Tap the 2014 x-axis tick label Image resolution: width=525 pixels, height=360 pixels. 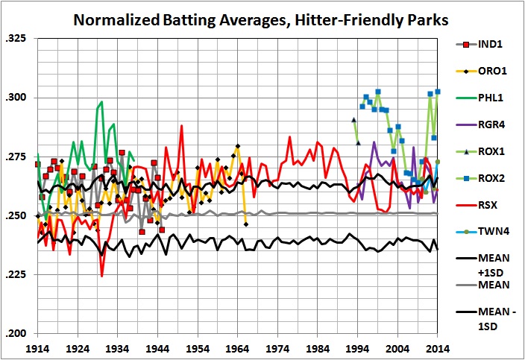tap(438, 348)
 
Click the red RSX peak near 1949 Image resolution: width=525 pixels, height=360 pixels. tap(181, 125)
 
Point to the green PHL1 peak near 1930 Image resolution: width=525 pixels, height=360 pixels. tap(101, 101)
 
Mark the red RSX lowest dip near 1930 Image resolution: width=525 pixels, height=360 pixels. tap(102, 276)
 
